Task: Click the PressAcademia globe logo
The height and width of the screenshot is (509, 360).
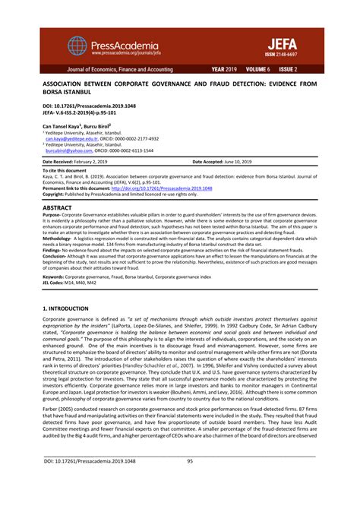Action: pos(77,46)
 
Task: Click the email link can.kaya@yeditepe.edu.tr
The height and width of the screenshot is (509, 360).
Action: pos(71,139)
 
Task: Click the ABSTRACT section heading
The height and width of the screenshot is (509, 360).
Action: pos(58,207)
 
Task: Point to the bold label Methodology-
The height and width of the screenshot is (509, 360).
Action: pos(57,238)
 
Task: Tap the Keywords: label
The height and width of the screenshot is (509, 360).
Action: pos(53,277)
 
